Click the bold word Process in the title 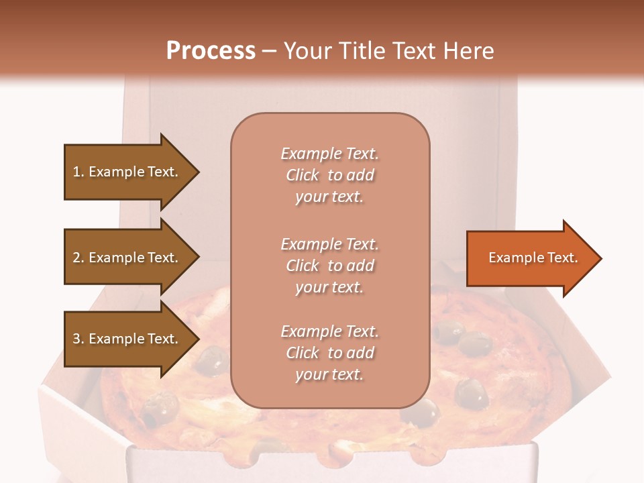click(211, 51)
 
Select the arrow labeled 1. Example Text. click(127, 172)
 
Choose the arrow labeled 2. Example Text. click(127, 258)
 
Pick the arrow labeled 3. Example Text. click(127, 339)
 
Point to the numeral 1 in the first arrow click(76, 172)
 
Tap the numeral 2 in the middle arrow click(76, 258)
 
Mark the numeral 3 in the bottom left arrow click(76, 339)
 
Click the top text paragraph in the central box click(329, 175)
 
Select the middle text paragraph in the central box click(329, 266)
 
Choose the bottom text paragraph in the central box click(329, 353)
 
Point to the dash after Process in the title click(269, 52)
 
